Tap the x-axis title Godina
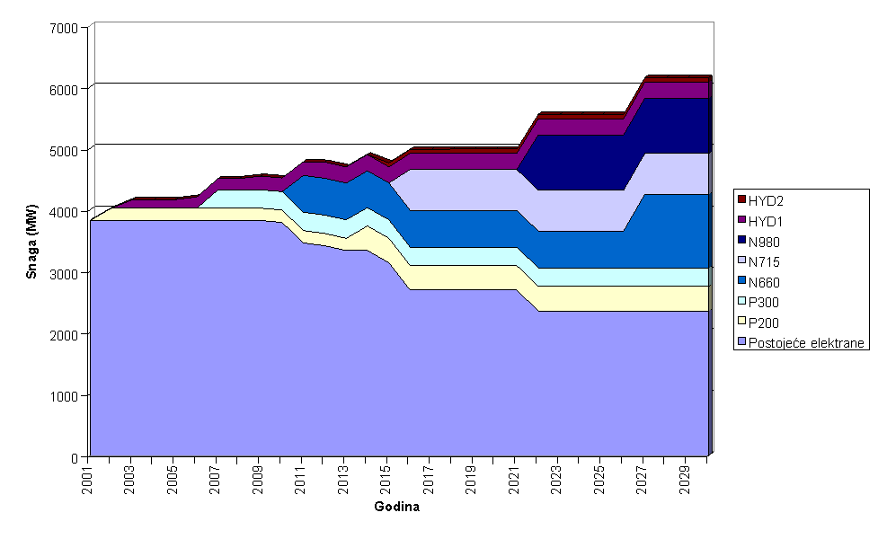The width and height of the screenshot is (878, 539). click(396, 507)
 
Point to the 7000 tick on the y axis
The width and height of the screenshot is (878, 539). click(66, 28)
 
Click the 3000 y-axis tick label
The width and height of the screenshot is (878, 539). click(66, 273)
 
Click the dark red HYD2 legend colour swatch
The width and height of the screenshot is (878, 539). click(742, 199)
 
